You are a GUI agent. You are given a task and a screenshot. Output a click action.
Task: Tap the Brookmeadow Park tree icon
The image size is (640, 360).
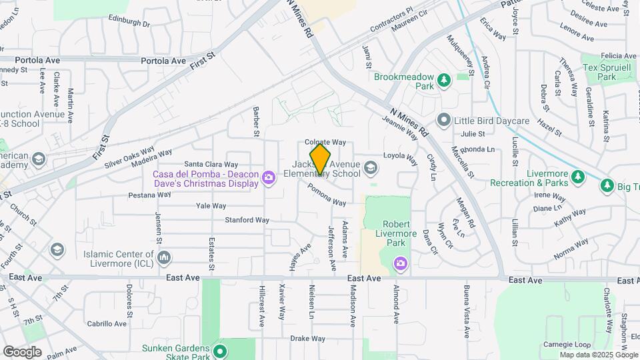pyautogui.click(x=444, y=81)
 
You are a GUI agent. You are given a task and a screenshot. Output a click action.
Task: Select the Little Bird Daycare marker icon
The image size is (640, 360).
pyautogui.click(x=444, y=121)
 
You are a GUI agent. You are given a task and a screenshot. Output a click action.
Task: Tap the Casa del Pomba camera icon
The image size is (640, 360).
pyautogui.click(x=269, y=177)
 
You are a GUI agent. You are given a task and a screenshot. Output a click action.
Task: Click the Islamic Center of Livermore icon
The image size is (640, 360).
pyautogui.click(x=165, y=257)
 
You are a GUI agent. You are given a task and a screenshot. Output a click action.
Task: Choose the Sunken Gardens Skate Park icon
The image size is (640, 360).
pyautogui.click(x=223, y=350)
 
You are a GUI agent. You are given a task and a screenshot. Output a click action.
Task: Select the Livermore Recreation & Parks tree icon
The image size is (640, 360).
pyautogui.click(x=579, y=177)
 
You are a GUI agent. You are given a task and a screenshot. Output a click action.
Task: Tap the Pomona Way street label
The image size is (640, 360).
pyautogui.click(x=327, y=195)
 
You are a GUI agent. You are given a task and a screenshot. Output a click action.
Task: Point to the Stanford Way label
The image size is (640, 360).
pyautogui.click(x=247, y=219)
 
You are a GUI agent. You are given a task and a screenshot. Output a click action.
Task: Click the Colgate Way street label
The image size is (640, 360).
pyautogui.click(x=325, y=142)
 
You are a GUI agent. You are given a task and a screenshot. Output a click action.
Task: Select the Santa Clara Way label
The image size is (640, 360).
pyautogui.click(x=211, y=164)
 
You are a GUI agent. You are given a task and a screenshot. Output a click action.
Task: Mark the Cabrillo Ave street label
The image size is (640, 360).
pyautogui.click(x=106, y=324)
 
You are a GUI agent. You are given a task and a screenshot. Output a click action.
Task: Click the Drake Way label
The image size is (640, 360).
pyautogui.click(x=307, y=338)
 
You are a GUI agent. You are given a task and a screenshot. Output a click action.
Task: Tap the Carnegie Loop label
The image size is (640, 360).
pyautogui.click(x=567, y=345)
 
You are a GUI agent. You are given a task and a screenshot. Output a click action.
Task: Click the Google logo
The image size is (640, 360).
pyautogui.click(x=22, y=351)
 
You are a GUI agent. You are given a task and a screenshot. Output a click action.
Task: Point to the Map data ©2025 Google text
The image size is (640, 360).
pyautogui.click(x=598, y=355)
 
